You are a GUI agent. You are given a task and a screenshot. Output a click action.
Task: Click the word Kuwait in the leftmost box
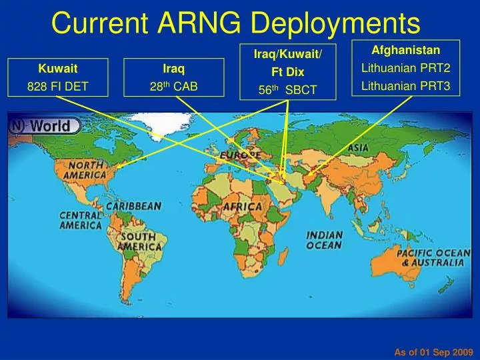pos(57,69)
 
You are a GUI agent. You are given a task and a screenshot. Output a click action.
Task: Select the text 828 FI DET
pos(57,87)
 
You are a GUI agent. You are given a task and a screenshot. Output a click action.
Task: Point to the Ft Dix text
pos(288,71)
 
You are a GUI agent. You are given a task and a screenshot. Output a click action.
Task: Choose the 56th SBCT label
pos(288,89)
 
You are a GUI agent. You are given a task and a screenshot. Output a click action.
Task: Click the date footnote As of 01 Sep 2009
pos(433,351)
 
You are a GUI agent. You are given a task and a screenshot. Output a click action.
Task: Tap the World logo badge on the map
pos(45,125)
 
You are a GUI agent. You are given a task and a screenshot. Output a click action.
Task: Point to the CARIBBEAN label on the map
pos(133,206)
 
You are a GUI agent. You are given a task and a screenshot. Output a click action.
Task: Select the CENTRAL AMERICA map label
pos(81,220)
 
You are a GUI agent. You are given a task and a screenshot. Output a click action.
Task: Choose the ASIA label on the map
pos(358,147)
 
